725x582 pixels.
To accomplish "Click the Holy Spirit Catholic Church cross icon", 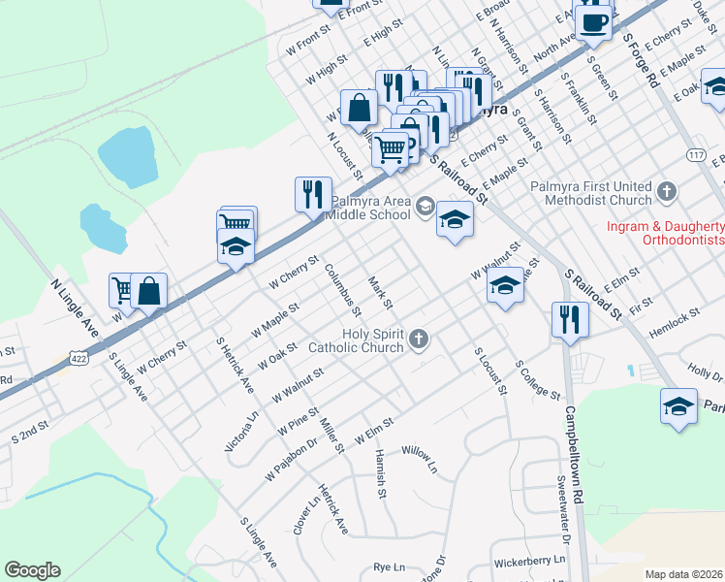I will pyautogui.click(x=419, y=339).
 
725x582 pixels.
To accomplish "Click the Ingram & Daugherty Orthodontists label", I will pyautogui.click(x=665, y=232).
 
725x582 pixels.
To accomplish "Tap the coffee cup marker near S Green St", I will pyautogui.click(x=593, y=20).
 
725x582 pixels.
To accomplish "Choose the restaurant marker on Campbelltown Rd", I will pyautogui.click(x=569, y=318).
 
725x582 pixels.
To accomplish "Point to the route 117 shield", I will pyautogui.click(x=696, y=155).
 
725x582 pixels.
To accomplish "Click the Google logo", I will pyautogui.click(x=32, y=570).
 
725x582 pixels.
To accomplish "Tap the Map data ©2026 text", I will pyautogui.click(x=683, y=574).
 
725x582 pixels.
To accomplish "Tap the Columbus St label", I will pyautogui.click(x=343, y=290).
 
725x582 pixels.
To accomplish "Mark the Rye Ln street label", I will pyautogui.click(x=388, y=567).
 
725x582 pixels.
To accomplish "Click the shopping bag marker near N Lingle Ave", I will pyautogui.click(x=150, y=290).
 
